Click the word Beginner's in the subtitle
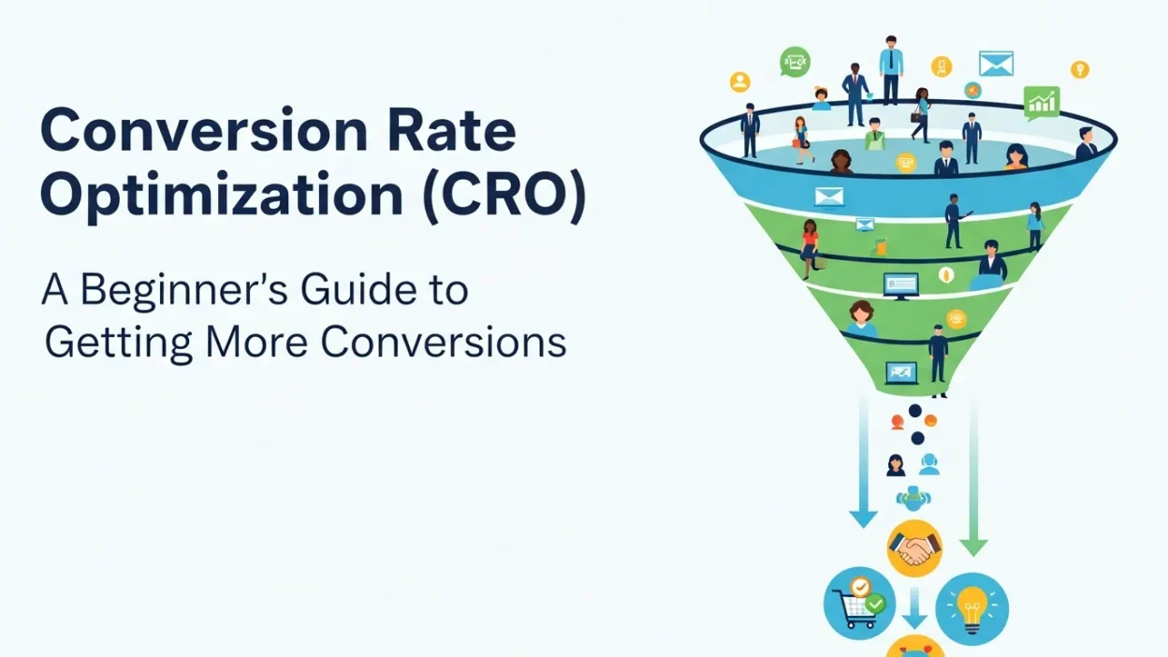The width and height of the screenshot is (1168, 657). pyautogui.click(x=195, y=290)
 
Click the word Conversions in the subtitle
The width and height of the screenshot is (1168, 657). pyautogui.click(x=444, y=343)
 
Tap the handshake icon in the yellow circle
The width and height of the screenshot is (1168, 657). pyautogui.click(x=913, y=548)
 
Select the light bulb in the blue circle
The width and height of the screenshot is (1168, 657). pyautogui.click(x=971, y=607)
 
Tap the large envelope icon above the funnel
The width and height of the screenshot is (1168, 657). pyautogui.click(x=996, y=64)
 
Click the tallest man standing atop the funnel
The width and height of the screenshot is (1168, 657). pyautogui.click(x=891, y=68)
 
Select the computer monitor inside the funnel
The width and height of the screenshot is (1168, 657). pyautogui.click(x=900, y=285)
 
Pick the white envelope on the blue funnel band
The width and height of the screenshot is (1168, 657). pyautogui.click(x=828, y=196)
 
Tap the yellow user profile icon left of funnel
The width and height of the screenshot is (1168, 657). pyautogui.click(x=740, y=81)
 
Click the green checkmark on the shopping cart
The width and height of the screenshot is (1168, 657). pyautogui.click(x=875, y=606)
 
